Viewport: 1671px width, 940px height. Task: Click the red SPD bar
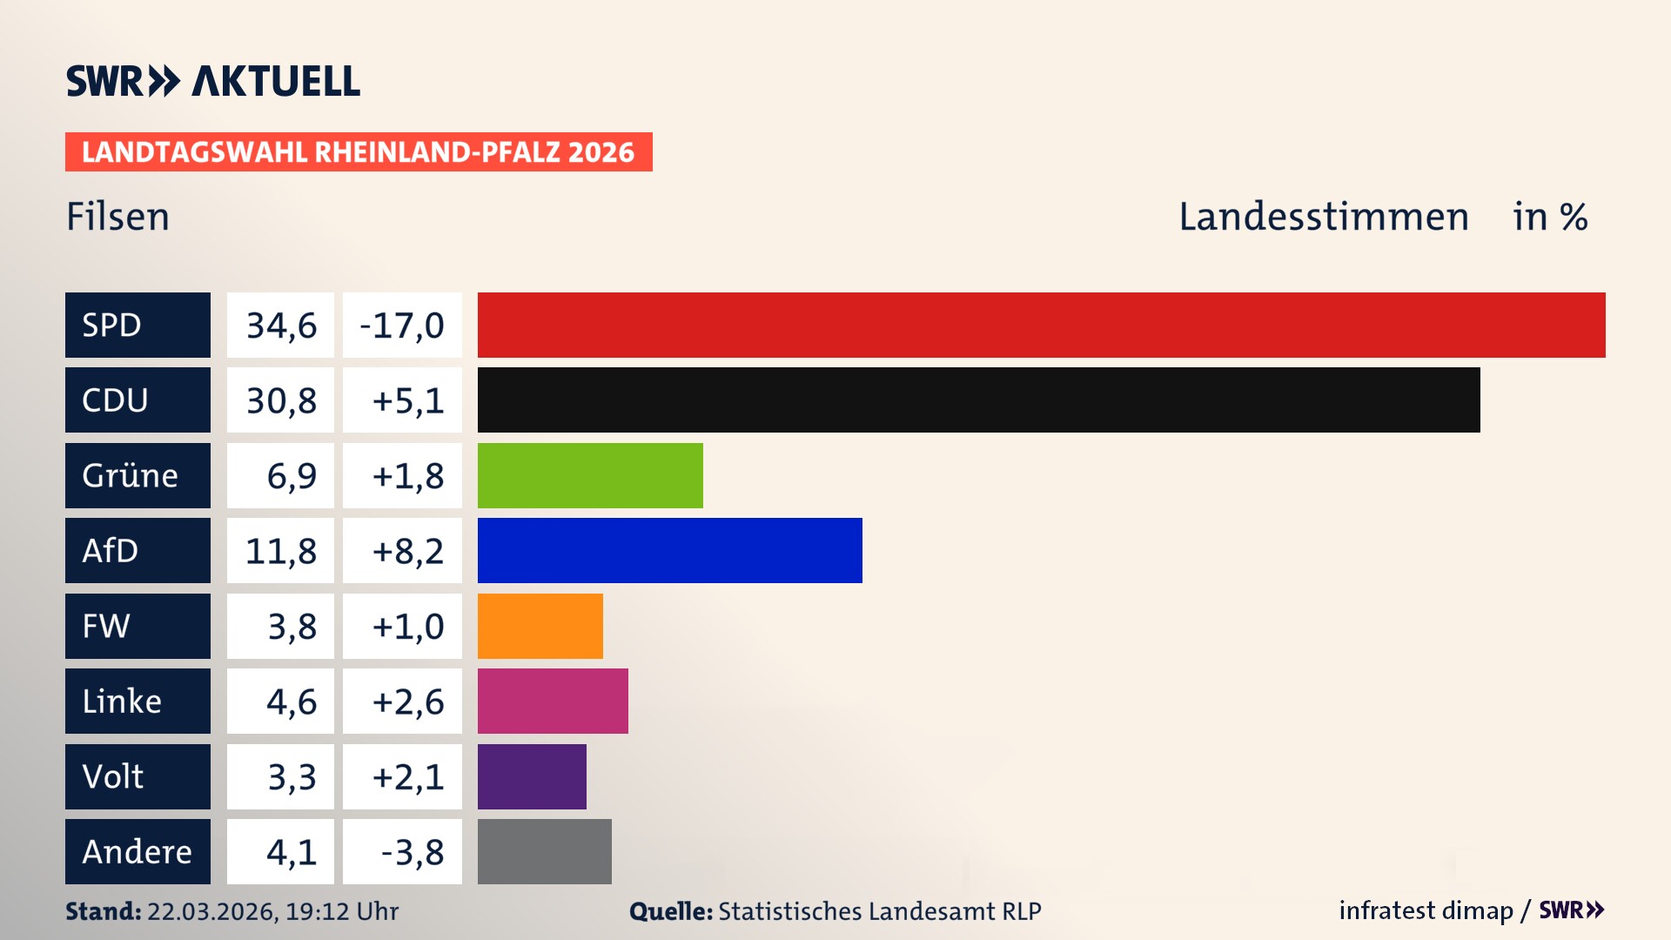point(1041,325)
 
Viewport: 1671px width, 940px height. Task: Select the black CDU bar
point(978,400)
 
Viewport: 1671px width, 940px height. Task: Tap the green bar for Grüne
point(590,475)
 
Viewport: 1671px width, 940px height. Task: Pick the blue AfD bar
point(669,550)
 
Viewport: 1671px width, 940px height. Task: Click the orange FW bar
point(540,626)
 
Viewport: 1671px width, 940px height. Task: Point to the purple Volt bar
point(532,776)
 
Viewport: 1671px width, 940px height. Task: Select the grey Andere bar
point(544,851)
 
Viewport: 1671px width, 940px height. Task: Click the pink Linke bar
point(553,701)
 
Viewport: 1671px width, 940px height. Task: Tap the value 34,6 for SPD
point(280,326)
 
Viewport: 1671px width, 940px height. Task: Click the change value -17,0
point(402,326)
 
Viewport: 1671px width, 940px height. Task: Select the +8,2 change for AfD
point(407,551)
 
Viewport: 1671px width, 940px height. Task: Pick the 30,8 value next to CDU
point(280,400)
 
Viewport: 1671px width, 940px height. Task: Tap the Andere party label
point(138,851)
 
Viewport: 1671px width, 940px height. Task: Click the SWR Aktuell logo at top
point(213,81)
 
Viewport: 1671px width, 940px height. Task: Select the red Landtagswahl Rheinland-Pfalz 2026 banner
point(359,152)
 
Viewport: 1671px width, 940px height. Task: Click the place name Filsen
point(118,217)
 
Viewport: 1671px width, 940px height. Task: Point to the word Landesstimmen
point(1323,217)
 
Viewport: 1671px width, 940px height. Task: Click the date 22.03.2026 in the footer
point(211,911)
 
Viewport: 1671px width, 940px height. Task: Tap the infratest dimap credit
point(1426,910)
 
